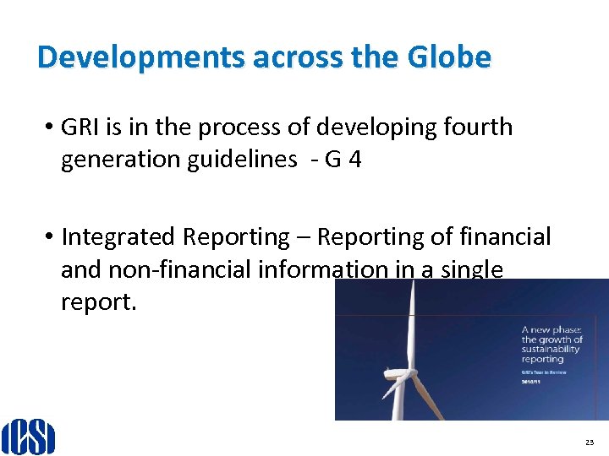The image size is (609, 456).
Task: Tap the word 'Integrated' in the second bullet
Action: coord(120,236)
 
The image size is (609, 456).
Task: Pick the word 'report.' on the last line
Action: coord(98,301)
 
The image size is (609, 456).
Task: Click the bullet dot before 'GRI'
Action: coord(51,128)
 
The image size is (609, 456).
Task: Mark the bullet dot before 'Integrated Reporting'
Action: coord(51,237)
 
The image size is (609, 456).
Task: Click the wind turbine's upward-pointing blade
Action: coord(413,321)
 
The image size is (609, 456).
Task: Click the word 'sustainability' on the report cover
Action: coord(550,348)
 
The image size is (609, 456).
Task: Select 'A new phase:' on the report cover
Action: coord(550,330)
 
